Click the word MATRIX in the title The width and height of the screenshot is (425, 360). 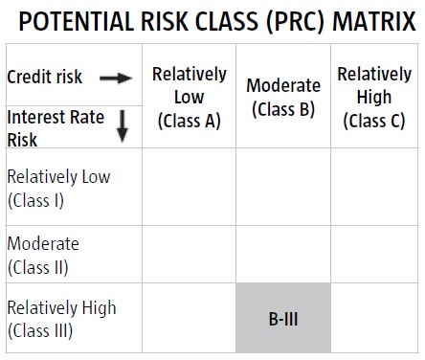(x=374, y=21)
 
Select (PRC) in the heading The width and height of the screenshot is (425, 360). (x=295, y=22)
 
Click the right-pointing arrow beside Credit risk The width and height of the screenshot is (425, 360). (x=116, y=78)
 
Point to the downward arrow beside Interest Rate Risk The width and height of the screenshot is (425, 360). (x=122, y=126)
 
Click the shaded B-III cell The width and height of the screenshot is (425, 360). (x=283, y=318)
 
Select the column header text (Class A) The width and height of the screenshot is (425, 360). (x=190, y=121)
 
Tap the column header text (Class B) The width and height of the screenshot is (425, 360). (x=283, y=109)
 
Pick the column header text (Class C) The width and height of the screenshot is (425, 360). (x=374, y=121)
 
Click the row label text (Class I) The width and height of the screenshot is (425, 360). (x=35, y=201)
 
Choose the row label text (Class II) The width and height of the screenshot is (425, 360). (x=38, y=267)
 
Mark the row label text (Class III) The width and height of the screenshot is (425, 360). (x=40, y=330)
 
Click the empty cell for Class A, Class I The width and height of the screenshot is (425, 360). (x=189, y=187)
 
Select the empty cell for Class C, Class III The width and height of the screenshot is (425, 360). (x=374, y=318)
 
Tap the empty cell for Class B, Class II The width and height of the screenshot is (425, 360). (x=283, y=254)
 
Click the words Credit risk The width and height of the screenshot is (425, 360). (x=45, y=77)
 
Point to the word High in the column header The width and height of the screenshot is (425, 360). (x=374, y=97)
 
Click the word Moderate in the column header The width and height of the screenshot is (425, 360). (x=283, y=85)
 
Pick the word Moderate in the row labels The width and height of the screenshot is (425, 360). (x=43, y=243)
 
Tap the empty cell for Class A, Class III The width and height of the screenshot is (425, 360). (x=189, y=318)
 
